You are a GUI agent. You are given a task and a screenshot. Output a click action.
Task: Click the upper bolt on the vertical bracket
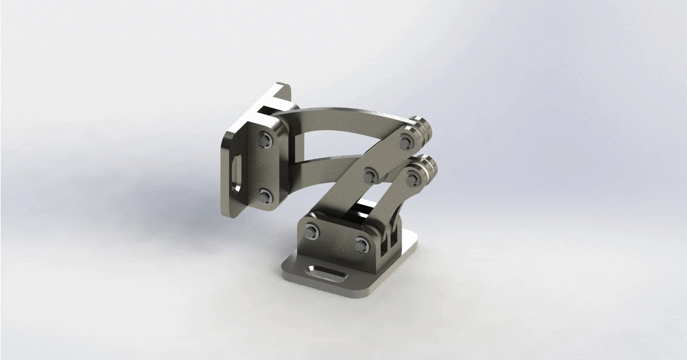pos(264,139)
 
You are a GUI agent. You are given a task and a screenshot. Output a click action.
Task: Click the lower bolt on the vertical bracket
pos(264,194)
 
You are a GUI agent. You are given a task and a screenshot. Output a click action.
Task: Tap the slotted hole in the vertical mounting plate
pos(235,173)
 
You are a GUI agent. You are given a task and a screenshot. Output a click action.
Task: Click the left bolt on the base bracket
pos(313,232)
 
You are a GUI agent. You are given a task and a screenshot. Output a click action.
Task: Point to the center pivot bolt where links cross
pos(371,175)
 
